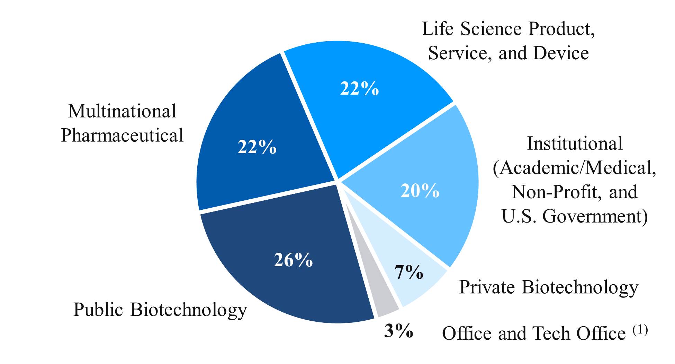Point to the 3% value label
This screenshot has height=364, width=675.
pos(398,331)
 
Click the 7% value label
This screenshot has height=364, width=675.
pos(409,272)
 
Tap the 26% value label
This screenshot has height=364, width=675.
pos(293,260)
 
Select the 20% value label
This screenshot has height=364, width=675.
pos(420,190)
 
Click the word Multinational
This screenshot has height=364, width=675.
pos(122,111)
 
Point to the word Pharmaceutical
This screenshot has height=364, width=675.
pos(122,135)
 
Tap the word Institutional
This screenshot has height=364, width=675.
pos(575,144)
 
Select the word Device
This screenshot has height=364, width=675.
pos(561,53)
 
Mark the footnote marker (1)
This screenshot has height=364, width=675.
pos(640,330)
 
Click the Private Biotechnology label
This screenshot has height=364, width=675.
pos(549,287)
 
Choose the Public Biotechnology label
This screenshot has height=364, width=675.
pos(160,310)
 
